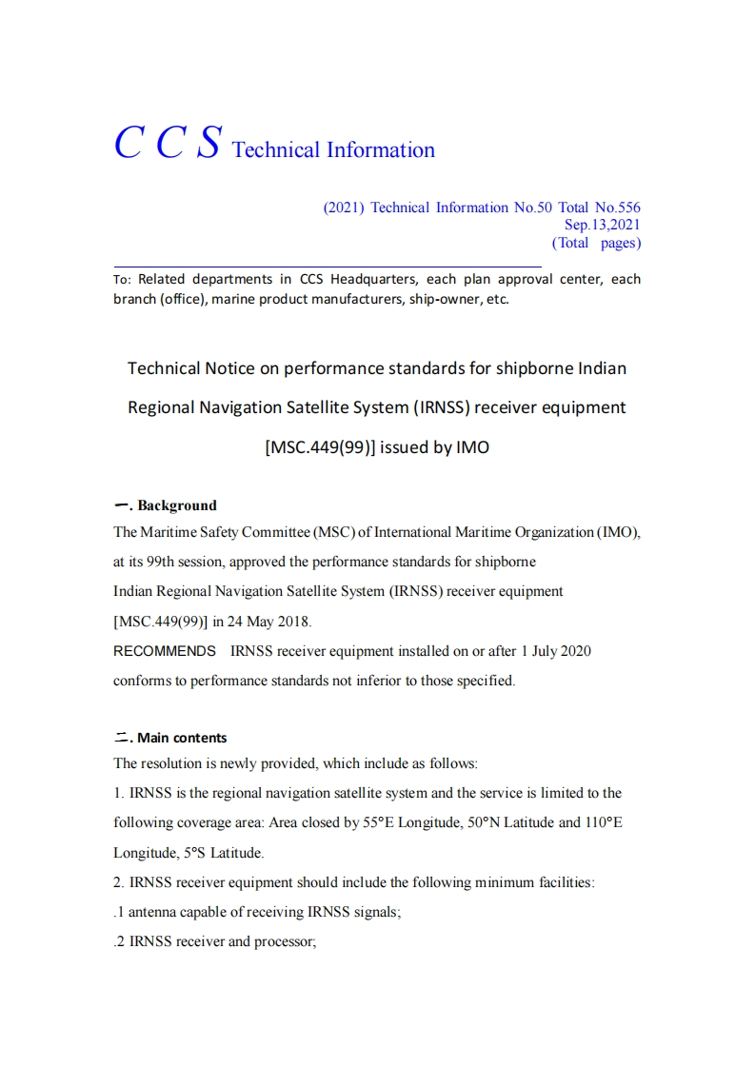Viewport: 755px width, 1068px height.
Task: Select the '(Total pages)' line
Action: [596, 243]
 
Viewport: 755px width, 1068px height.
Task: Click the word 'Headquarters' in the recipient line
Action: [370, 279]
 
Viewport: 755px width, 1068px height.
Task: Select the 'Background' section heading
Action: [177, 505]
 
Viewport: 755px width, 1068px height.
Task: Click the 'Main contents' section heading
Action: [182, 738]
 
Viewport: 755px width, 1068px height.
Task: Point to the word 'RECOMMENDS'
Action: [165, 651]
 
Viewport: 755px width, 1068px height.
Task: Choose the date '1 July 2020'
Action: [555, 651]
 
